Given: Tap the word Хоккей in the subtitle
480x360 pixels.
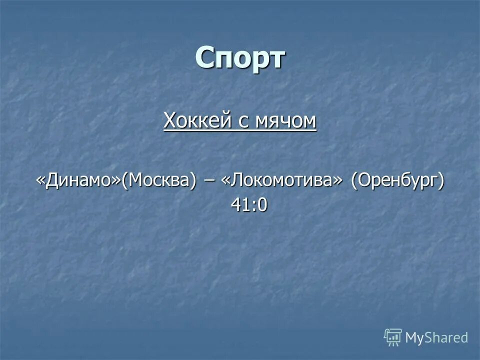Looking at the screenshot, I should (x=192, y=120).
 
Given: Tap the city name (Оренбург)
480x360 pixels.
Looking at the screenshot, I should (x=396, y=181).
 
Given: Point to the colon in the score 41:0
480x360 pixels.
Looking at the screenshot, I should (x=251, y=205).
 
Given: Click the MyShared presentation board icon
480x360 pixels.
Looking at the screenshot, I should (x=393, y=337).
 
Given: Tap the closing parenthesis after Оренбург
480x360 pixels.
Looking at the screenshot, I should (x=441, y=181).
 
